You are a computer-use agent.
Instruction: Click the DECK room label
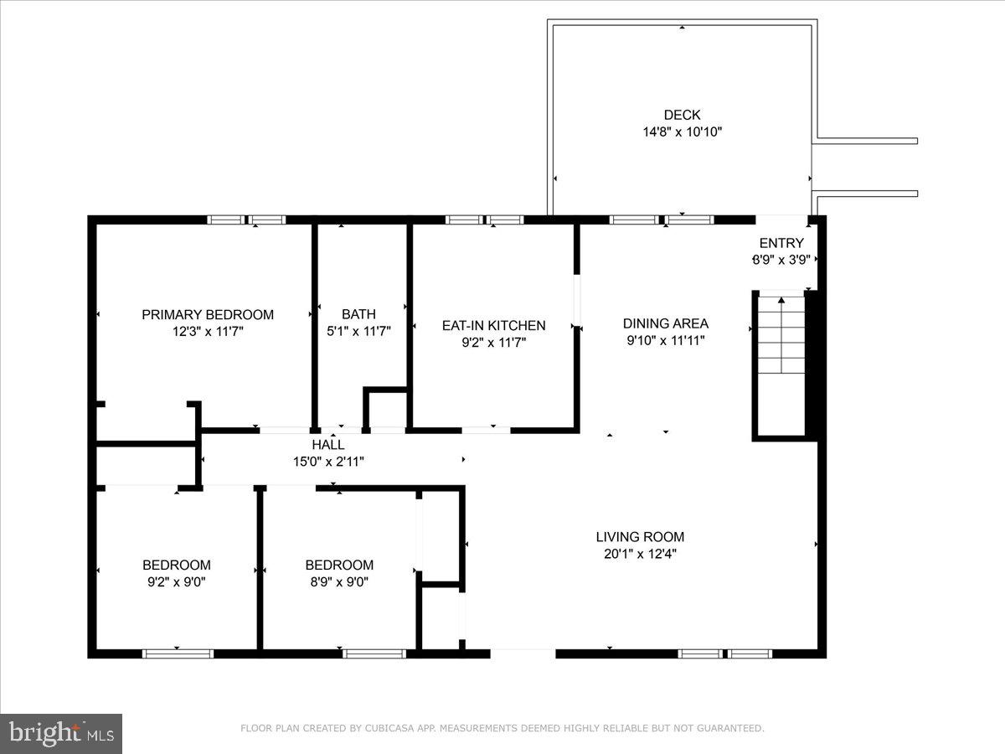coord(682,115)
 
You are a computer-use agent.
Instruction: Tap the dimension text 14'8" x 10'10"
coord(682,132)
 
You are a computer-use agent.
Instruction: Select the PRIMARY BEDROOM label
coord(208,315)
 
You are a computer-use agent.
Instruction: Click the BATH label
coord(358,314)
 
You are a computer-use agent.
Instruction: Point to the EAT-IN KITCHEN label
coord(493,325)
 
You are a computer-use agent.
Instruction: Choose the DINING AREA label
coord(666,323)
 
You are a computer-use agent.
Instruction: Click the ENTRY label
coord(781,243)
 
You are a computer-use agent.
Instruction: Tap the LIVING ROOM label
coord(640,537)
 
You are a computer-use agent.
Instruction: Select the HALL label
coord(327,445)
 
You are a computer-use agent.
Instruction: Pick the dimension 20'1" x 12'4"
coord(640,554)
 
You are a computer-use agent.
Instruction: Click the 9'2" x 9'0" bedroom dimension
coord(176,581)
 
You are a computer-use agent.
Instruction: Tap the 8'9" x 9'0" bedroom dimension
coord(339,581)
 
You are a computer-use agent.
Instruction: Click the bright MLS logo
coord(61,734)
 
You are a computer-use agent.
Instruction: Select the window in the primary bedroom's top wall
coord(246,219)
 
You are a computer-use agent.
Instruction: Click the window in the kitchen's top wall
coord(484,219)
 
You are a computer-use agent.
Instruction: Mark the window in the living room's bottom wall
coord(724,653)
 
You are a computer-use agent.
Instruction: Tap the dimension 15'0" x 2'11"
coord(327,461)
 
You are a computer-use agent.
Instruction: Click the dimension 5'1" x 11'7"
coord(358,331)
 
